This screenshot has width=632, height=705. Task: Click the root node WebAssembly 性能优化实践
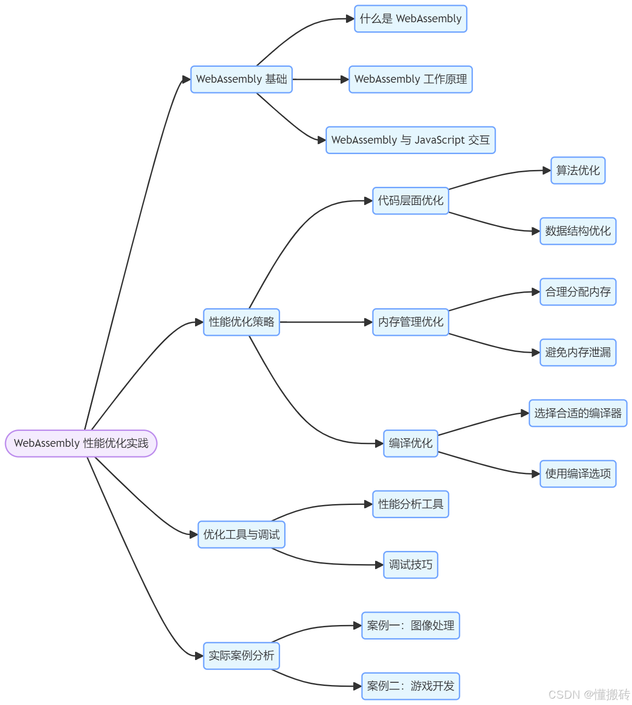(81, 443)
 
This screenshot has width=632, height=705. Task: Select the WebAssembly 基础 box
(241, 80)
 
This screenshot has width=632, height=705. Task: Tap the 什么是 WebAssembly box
(411, 19)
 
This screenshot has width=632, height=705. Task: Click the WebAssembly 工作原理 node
(411, 80)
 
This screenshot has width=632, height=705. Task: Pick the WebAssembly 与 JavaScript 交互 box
(411, 140)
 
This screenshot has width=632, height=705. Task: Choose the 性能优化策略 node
(241, 322)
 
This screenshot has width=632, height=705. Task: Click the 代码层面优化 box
(411, 201)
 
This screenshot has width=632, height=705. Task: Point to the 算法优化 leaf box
(578, 170)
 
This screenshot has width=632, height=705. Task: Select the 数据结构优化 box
(578, 231)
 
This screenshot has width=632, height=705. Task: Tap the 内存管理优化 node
(411, 322)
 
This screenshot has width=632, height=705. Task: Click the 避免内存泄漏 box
(578, 352)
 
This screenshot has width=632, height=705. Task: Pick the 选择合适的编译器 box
(578, 413)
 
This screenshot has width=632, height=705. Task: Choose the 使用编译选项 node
(578, 474)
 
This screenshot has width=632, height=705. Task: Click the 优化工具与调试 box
(241, 535)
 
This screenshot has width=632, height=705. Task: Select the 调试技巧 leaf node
(411, 565)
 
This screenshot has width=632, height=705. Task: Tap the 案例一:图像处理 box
(411, 625)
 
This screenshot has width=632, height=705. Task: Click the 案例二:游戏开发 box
(411, 686)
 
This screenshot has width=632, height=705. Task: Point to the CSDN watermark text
(589, 695)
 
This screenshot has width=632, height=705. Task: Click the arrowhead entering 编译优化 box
(379, 444)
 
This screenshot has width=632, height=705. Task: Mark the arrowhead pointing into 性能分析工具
(368, 504)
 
